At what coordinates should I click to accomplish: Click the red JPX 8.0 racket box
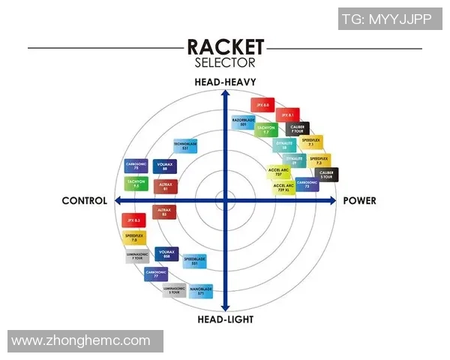260,106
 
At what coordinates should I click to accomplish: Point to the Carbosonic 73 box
307,183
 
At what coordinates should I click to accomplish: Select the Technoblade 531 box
185,146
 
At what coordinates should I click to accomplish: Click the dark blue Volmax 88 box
165,166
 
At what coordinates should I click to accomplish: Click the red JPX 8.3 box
133,220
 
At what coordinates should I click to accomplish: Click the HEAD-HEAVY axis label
225,82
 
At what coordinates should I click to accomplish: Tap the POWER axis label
360,201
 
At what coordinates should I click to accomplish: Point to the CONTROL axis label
85,201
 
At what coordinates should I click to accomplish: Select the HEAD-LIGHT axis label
225,319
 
